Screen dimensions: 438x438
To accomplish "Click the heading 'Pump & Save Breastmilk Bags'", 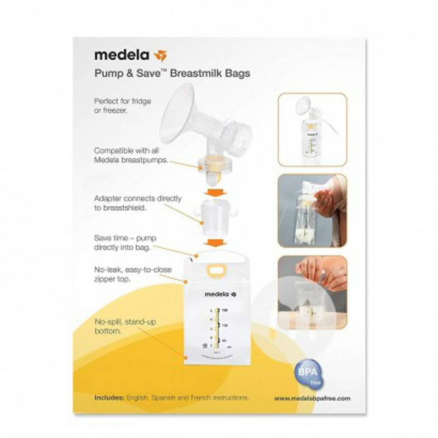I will (x=172, y=74).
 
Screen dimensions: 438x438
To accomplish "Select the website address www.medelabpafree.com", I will (x=312, y=398).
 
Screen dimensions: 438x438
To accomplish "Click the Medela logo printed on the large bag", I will (x=220, y=295).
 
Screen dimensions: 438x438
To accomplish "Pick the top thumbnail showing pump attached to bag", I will (x=312, y=129).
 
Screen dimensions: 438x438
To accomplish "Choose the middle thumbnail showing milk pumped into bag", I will (x=312, y=210).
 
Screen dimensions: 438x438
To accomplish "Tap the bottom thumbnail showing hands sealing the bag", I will (x=312, y=292).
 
